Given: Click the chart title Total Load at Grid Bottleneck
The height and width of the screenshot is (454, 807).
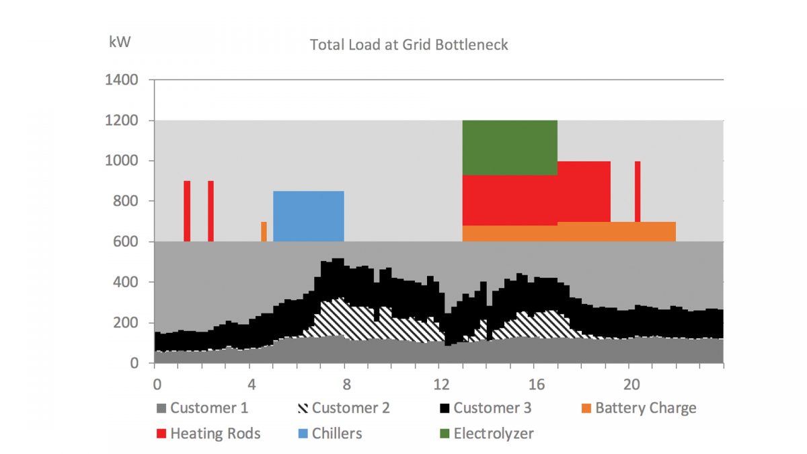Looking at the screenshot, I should (x=408, y=45).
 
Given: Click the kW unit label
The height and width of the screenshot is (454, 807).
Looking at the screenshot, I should (x=120, y=42).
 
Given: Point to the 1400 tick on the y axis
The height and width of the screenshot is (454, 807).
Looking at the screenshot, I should (x=122, y=81).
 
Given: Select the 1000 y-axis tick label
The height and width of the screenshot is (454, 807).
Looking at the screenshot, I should (x=122, y=161).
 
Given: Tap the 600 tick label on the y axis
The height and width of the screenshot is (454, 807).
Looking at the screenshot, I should (x=126, y=242).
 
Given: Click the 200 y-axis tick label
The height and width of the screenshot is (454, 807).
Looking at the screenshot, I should (x=126, y=323).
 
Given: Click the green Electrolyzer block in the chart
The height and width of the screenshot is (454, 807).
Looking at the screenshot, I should (x=510, y=147).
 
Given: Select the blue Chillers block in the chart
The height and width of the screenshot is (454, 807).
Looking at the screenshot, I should (x=308, y=216).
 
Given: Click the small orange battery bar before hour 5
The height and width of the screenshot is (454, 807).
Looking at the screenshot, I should (x=264, y=231).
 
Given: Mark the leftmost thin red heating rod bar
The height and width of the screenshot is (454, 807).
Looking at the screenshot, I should (x=187, y=211).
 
